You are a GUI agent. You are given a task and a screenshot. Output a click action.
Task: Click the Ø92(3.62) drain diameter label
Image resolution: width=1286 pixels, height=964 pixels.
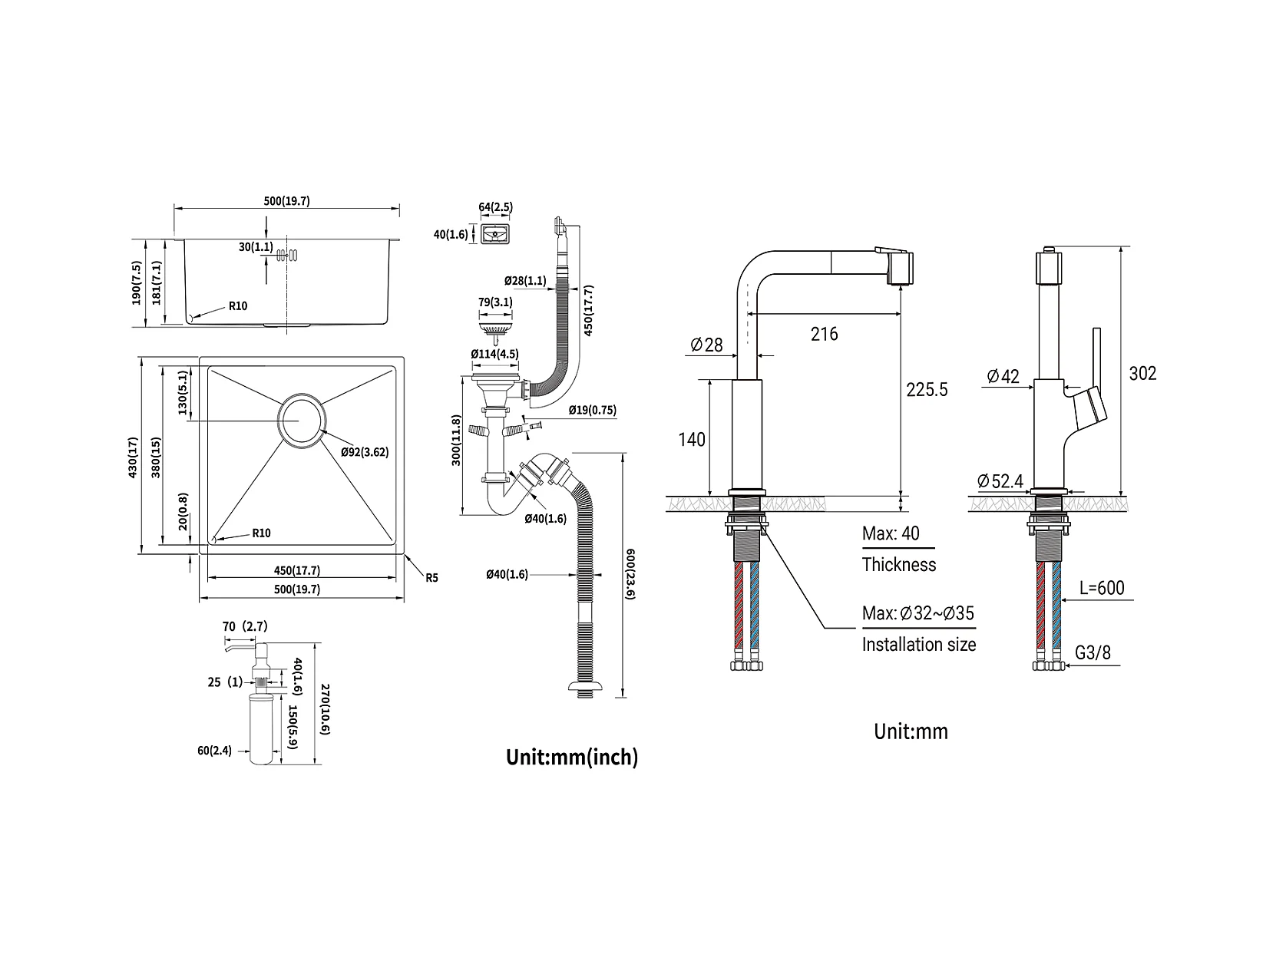[365, 452]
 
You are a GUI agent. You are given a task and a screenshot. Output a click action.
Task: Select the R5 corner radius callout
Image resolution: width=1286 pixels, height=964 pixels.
[431, 578]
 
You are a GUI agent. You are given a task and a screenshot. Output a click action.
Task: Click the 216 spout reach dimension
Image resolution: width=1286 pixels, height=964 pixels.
[825, 334]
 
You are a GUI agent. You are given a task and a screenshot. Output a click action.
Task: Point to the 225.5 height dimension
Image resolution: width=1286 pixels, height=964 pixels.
[926, 389]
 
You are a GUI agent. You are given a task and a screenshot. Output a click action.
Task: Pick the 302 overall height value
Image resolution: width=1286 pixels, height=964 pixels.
[1142, 374]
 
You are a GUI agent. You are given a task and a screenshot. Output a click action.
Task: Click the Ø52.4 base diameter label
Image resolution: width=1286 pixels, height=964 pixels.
[1000, 481]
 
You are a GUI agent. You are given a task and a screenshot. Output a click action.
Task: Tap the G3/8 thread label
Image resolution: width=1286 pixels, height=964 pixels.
[1093, 652]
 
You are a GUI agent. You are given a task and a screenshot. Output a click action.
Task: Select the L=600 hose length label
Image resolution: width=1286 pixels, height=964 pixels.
[1102, 588]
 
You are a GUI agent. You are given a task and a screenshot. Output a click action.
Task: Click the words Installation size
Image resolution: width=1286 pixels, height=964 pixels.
[919, 644]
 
